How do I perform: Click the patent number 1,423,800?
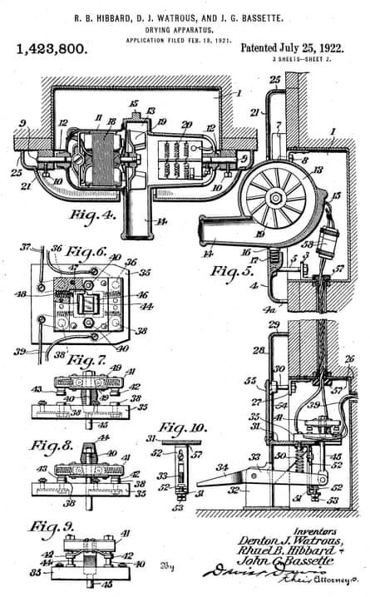[x=52, y=51]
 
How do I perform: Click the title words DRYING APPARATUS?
[x=185, y=27]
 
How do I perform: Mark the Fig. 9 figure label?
[x=47, y=527]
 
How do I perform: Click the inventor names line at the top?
[x=185, y=14]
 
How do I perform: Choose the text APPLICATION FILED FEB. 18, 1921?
[x=185, y=38]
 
